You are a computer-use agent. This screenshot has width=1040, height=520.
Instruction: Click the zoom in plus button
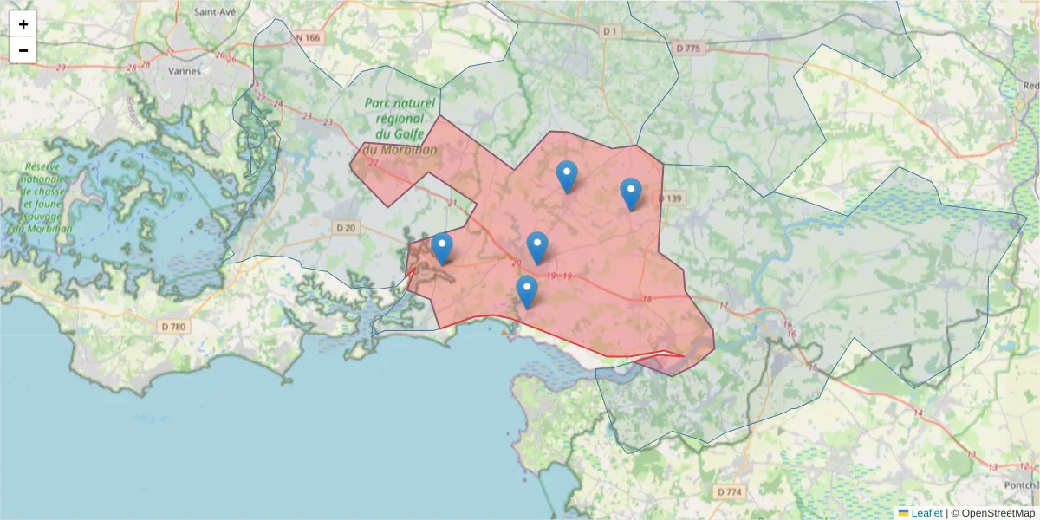coord(23,24)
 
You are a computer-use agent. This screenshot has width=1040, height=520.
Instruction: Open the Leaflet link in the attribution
coord(926,513)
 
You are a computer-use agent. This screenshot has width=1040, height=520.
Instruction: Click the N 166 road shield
coord(308,37)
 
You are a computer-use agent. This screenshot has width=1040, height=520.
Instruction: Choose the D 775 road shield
coord(686,49)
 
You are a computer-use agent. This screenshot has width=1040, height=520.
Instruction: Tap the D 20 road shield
coord(345,227)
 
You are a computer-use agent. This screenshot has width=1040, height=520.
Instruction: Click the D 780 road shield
coord(173,327)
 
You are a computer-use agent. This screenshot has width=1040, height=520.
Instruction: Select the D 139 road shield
coord(671,198)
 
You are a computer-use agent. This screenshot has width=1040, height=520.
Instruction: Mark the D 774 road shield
coord(730,492)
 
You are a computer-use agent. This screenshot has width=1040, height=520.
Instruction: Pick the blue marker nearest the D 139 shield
coord(631,193)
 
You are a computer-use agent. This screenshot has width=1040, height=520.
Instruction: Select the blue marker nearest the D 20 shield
coord(442,248)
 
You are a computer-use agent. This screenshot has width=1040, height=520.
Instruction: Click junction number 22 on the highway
coord(374,162)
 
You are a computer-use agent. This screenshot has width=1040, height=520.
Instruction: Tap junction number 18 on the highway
coord(647,299)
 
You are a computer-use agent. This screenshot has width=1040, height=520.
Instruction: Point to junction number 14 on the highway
coord(918,413)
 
